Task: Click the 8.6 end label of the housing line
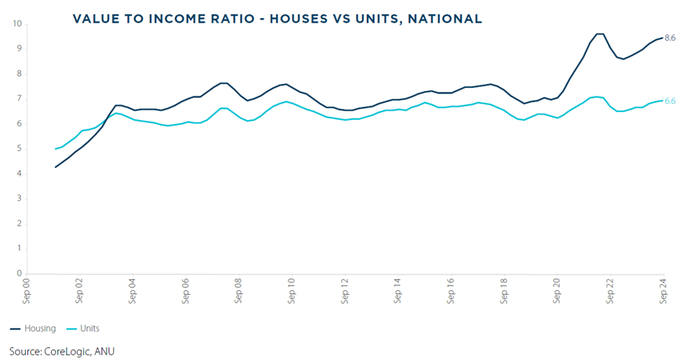coord(670,38)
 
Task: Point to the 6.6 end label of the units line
coord(670,101)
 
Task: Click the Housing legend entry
coord(40,329)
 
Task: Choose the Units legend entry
coord(89,329)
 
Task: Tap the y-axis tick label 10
coord(16,24)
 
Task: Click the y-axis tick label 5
coord(19,149)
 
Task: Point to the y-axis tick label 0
coord(19,275)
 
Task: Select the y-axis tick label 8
coord(19,74)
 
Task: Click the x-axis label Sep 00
coord(27,290)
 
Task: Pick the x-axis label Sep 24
coord(663,290)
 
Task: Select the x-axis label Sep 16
coord(451,290)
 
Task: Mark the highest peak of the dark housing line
coord(599,34)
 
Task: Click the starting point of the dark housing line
coord(55,167)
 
